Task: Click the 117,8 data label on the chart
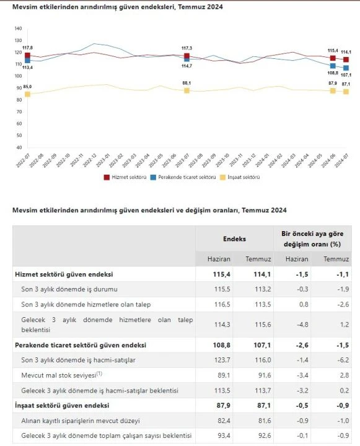pos(27,48)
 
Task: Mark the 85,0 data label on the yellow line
pos(27,87)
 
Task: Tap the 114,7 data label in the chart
pos(187,66)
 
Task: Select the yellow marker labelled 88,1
pos(187,90)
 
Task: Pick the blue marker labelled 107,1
pos(346,68)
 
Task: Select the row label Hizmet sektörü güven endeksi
pos(64,274)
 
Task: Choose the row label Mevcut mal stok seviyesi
pos(61,375)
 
